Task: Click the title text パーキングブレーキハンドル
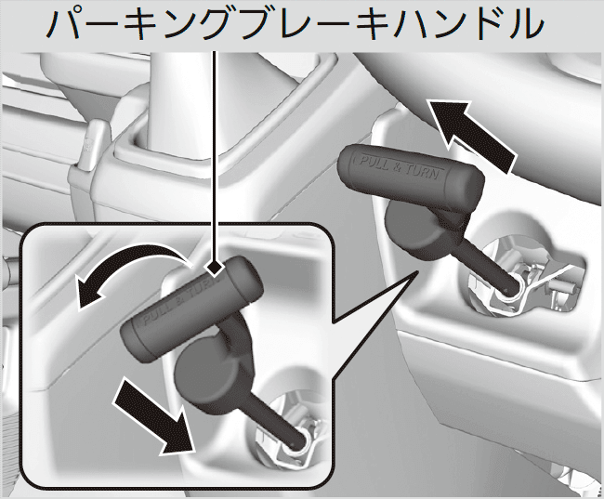295,24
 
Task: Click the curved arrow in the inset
127,255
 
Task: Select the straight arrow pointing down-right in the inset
154,416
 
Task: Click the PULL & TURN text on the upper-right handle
399,166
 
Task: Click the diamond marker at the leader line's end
214,269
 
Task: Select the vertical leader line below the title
215,156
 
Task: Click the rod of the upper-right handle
489,262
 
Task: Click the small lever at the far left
91,145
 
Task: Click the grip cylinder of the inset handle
192,309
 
